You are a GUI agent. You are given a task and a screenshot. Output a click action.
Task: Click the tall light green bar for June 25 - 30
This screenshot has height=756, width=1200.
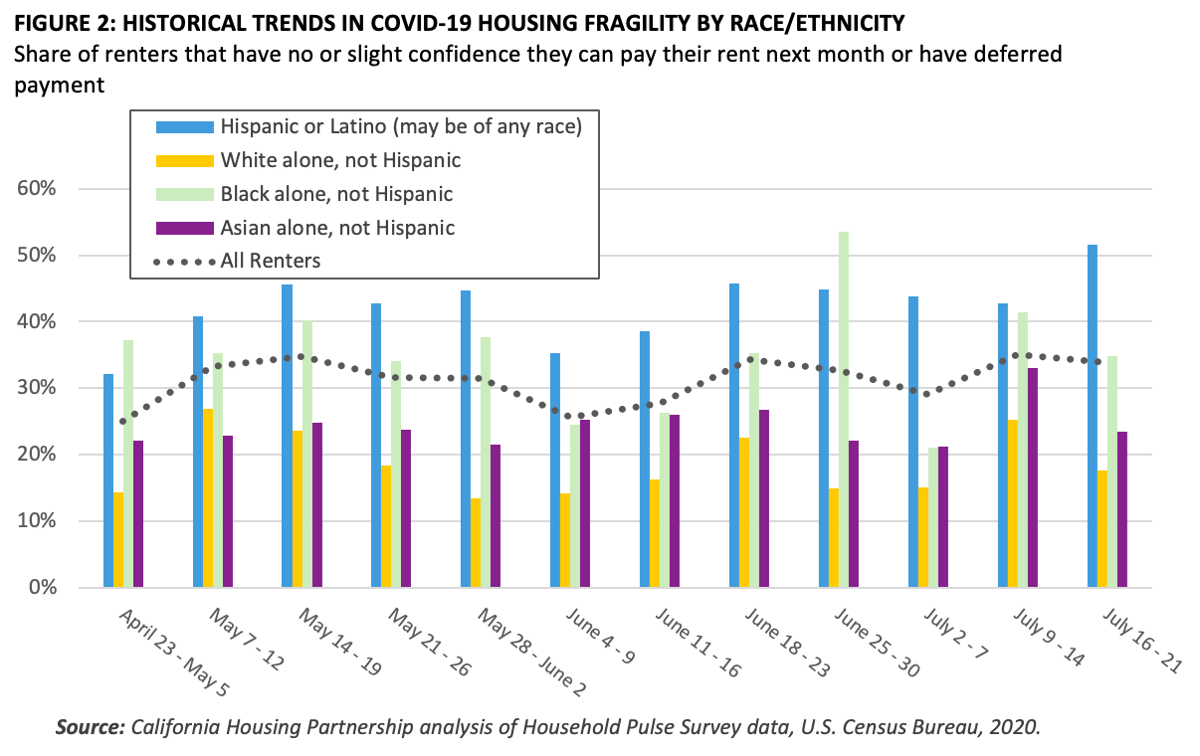coord(844,409)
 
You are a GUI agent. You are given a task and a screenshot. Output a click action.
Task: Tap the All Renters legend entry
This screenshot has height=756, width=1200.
coord(270,261)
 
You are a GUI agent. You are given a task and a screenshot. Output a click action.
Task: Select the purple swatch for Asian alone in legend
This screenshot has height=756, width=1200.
coord(185,228)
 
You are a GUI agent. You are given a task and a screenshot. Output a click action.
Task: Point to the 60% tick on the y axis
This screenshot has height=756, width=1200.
coord(40,189)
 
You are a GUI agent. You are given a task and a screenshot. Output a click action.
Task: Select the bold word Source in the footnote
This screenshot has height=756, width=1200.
coord(89,727)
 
